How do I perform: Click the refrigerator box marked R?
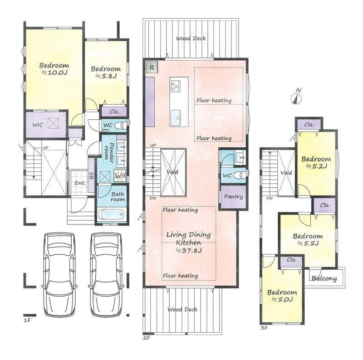coord(152,67)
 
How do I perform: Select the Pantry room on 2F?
coord(233,197)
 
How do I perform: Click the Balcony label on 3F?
coord(324,278)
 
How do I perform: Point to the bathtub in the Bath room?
coord(111,214)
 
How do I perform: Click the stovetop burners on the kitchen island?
coord(176,86)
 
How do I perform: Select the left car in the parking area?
coord(59,274)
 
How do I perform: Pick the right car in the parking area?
coord(106,274)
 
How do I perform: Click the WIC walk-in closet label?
coord(38,125)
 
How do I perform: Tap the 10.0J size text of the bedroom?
coord(54,73)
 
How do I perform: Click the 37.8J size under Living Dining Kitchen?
coord(189,250)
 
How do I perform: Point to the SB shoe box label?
coord(92,176)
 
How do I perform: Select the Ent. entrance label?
coord(80,183)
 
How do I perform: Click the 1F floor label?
coord(27,321)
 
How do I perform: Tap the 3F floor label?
coord(264,328)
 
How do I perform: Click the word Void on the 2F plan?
coord(172,172)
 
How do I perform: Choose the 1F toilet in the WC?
coord(121,126)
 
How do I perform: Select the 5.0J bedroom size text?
coord(282,300)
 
